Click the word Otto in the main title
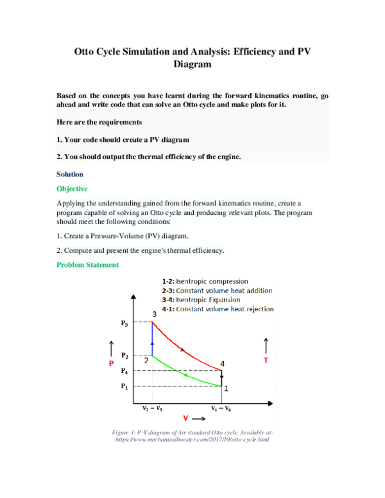pos(89,51)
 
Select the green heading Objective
pos(72,189)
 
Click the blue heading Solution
pos(70,174)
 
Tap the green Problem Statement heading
pos(87,264)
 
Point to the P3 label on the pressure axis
pos(124,323)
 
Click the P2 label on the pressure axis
pos(124,356)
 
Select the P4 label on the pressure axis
pos(124,370)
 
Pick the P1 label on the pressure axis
pos(124,386)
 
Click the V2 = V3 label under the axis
pos(151,408)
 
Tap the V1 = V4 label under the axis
pos(221,408)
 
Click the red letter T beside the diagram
pos(266,361)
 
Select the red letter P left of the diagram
pos(110,363)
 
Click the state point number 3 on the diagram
pos(154,314)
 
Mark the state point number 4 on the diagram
pos(223,364)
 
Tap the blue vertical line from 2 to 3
pos(152,339)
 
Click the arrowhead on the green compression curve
pos(186,374)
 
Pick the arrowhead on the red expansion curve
pos(182,350)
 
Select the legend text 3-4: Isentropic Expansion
pos(203,299)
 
